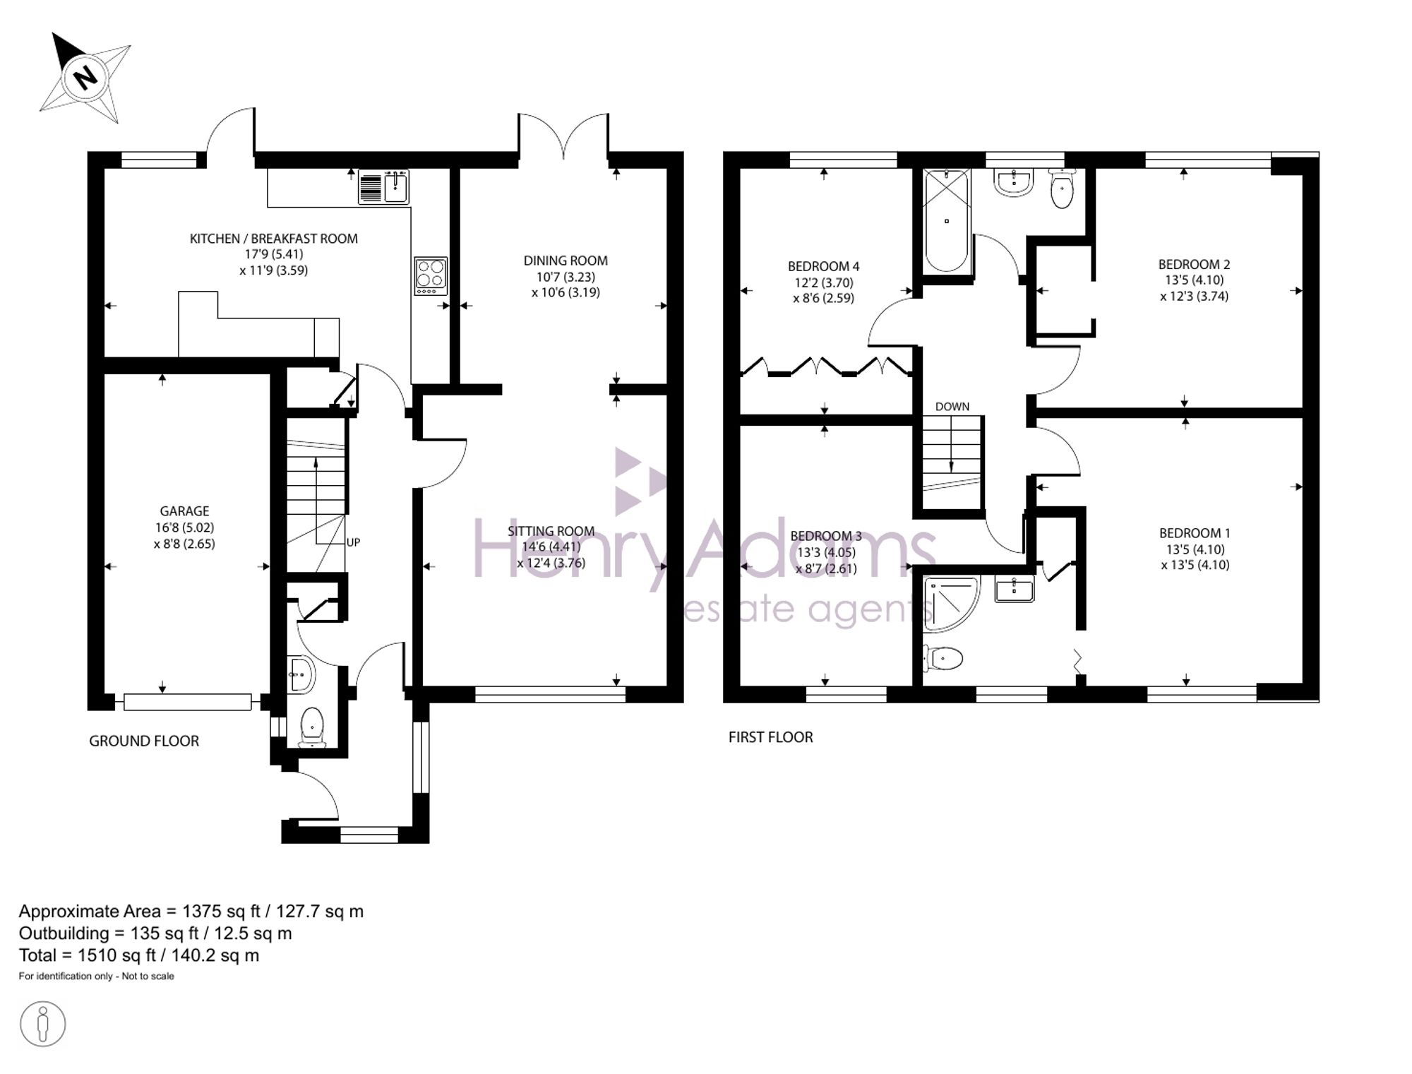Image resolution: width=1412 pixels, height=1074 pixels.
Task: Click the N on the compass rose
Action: pyautogui.click(x=85, y=76)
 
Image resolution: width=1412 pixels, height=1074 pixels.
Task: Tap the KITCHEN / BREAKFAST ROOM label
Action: pyautogui.click(x=274, y=239)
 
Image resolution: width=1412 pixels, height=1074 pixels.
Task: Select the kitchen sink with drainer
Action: pyautogui.click(x=383, y=186)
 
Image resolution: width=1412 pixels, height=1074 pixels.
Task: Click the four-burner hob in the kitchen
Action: pyautogui.click(x=431, y=275)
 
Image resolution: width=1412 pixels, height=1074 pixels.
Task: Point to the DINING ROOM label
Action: pyautogui.click(x=566, y=261)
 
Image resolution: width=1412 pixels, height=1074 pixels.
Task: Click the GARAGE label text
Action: pyautogui.click(x=184, y=511)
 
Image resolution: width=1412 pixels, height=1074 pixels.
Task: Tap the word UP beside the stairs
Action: pyautogui.click(x=353, y=542)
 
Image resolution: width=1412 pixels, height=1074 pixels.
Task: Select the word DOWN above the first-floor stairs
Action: pyautogui.click(x=952, y=407)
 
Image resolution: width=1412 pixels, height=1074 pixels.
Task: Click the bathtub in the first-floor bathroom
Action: pyautogui.click(x=947, y=220)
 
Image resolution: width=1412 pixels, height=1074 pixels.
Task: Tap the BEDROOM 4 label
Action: pyautogui.click(x=823, y=266)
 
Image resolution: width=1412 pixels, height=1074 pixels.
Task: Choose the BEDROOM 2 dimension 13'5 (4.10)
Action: pyautogui.click(x=1194, y=280)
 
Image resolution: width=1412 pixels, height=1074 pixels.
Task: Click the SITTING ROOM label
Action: pyautogui.click(x=551, y=531)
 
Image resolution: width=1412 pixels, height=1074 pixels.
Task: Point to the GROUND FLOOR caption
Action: pyautogui.click(x=144, y=741)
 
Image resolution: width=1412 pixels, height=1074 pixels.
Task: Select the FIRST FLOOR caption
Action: pyautogui.click(x=771, y=737)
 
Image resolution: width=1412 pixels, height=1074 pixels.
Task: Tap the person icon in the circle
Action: pyautogui.click(x=43, y=1024)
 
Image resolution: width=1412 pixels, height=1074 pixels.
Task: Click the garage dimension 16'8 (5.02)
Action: pyautogui.click(x=184, y=527)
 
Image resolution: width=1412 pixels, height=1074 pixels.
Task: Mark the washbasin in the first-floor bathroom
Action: pyautogui.click(x=1014, y=181)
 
